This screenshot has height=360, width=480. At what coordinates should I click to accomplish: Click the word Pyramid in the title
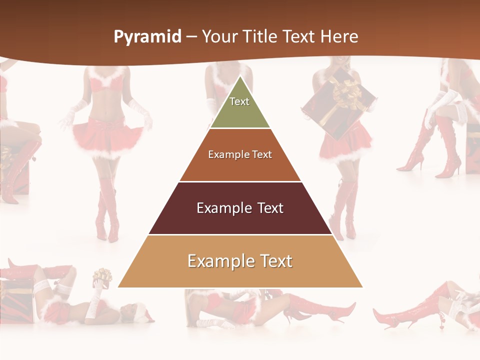pos(147,37)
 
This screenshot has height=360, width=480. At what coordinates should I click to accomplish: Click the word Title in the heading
pos(260,37)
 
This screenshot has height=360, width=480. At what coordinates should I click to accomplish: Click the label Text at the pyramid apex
pos(239,101)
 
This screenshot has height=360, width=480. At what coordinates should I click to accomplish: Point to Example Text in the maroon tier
pos(240,208)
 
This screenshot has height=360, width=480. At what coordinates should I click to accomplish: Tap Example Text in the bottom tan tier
pos(240,261)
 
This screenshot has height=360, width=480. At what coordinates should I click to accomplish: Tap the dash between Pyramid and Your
pos(191,37)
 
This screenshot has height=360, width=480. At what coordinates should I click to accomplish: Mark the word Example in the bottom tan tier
pos(218,261)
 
